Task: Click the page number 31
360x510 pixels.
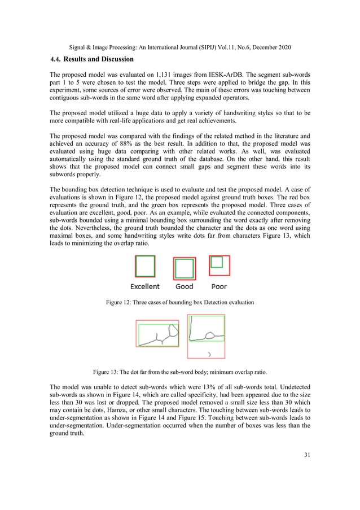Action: (x=306, y=455)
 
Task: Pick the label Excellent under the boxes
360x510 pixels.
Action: (x=145, y=286)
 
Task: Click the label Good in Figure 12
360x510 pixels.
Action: (x=184, y=286)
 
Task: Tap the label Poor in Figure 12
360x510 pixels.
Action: (x=219, y=286)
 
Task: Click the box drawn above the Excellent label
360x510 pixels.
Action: (x=145, y=267)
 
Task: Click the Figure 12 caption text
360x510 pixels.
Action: (x=180, y=302)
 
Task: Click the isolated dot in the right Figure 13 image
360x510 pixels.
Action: (x=209, y=354)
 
